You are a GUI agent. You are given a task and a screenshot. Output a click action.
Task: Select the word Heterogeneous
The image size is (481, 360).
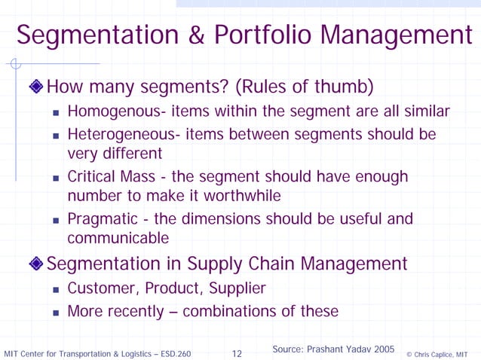point(113,134)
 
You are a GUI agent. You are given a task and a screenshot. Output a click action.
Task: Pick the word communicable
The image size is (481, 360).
point(118,239)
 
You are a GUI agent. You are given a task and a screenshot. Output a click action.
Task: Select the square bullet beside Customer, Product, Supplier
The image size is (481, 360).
point(57,290)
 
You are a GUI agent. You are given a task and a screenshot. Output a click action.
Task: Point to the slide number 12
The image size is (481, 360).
point(236,353)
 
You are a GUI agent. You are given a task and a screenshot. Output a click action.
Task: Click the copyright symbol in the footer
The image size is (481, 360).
point(409,354)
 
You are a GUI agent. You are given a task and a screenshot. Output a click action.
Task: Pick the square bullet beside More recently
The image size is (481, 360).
point(57,312)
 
